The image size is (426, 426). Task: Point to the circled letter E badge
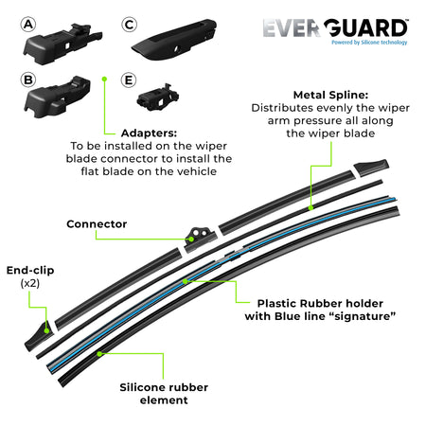130,80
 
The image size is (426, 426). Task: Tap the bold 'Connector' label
97,224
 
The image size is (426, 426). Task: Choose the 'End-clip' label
29,270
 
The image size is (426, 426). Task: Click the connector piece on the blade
200,233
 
